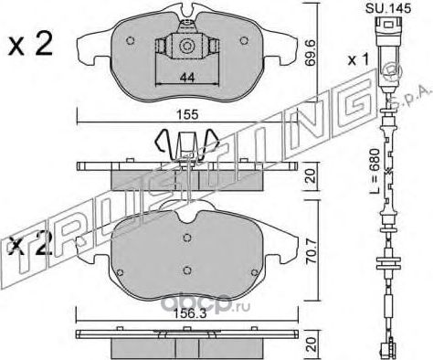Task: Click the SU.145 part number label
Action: (x=388, y=8)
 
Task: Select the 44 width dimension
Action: (x=186, y=78)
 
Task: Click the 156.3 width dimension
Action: (x=188, y=314)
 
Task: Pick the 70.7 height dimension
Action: (x=312, y=250)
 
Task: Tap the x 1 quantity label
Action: (x=358, y=59)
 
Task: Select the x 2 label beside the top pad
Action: (x=30, y=45)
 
